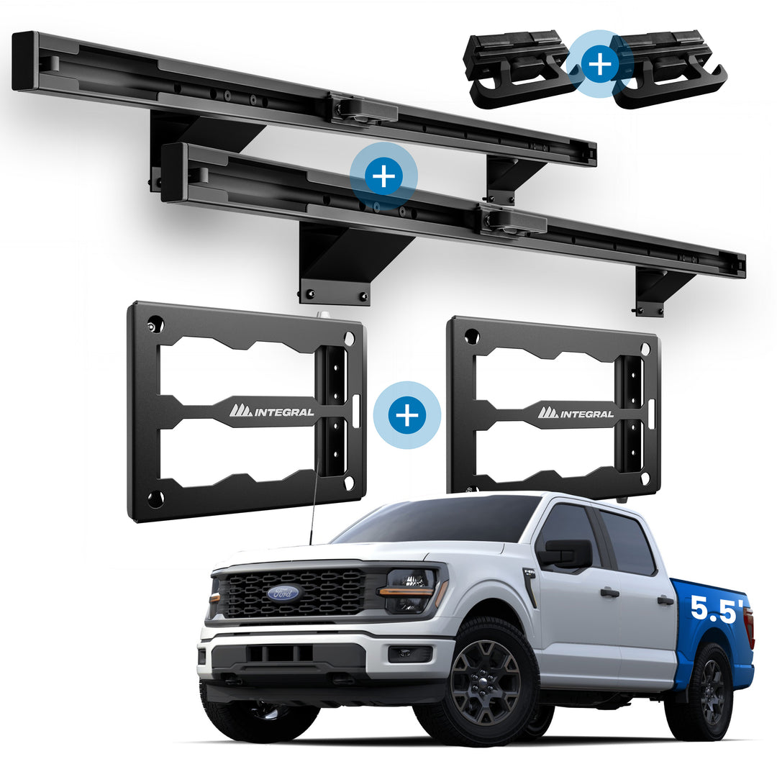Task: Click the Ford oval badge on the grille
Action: point(283,592)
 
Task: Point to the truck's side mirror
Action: point(568,554)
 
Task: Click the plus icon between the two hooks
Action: point(599,65)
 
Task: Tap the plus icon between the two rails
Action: point(383,176)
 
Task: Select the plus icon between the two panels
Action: point(406,415)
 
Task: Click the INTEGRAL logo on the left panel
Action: point(271,411)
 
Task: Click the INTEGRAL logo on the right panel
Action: point(576,413)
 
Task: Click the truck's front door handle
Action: point(610,593)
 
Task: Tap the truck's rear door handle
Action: point(666,601)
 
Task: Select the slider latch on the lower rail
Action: point(514,221)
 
